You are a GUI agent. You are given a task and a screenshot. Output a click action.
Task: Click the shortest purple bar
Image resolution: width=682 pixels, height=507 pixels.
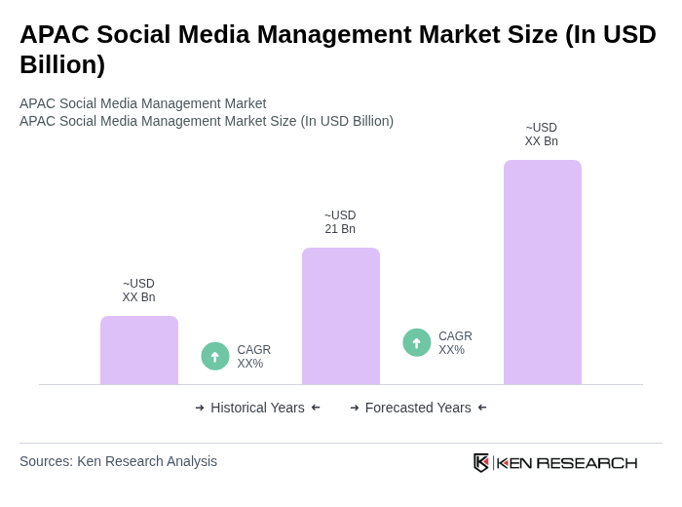click(x=139, y=350)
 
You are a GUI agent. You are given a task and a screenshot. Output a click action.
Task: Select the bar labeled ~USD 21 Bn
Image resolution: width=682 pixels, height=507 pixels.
click(x=341, y=316)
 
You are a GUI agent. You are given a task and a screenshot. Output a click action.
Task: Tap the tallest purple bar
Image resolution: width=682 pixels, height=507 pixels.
click(x=543, y=272)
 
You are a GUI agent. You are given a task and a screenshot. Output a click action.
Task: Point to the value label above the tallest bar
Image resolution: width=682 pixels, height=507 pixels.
click(x=542, y=135)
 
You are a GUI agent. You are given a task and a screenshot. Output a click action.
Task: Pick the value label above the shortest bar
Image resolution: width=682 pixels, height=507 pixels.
click(x=138, y=291)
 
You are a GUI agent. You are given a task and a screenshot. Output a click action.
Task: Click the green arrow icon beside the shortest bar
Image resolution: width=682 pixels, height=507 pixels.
click(x=215, y=357)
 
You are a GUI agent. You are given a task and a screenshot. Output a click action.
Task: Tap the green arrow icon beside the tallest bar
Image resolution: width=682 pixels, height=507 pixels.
click(x=417, y=343)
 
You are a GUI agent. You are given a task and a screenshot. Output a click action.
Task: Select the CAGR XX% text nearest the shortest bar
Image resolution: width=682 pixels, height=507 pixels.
click(x=253, y=357)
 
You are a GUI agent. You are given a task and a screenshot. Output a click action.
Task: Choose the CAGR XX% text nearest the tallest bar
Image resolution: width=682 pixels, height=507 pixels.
click(x=455, y=343)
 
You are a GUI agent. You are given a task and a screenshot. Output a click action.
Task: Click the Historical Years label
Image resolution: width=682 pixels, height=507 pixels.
click(x=257, y=408)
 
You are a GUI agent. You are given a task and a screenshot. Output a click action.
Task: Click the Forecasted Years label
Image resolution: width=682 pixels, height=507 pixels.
click(x=418, y=408)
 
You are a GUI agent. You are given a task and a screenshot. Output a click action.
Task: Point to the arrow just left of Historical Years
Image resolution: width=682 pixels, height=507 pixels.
click(x=200, y=408)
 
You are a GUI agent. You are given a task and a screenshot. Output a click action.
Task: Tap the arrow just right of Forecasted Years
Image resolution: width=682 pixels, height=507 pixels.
click(x=482, y=408)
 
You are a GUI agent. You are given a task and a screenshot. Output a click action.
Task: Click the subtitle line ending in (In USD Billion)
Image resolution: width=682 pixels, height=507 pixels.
click(x=207, y=121)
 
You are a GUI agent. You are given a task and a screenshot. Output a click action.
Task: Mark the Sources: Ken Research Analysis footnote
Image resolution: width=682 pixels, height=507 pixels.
click(x=118, y=461)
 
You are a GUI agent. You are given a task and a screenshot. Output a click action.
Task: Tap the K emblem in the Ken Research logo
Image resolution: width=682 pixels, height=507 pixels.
click(x=481, y=462)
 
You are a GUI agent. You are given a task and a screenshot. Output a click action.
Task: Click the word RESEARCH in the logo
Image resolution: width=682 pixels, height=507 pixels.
click(x=587, y=462)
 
